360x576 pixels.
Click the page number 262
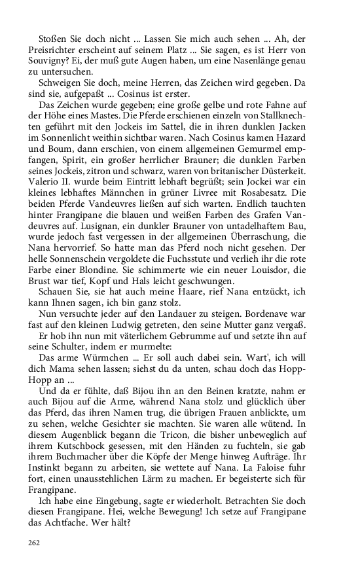(33, 543)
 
